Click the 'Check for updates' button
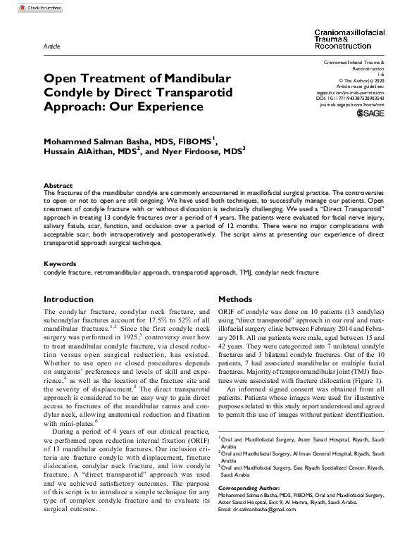point(35,8)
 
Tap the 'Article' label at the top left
point(51,44)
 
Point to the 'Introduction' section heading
point(68,299)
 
